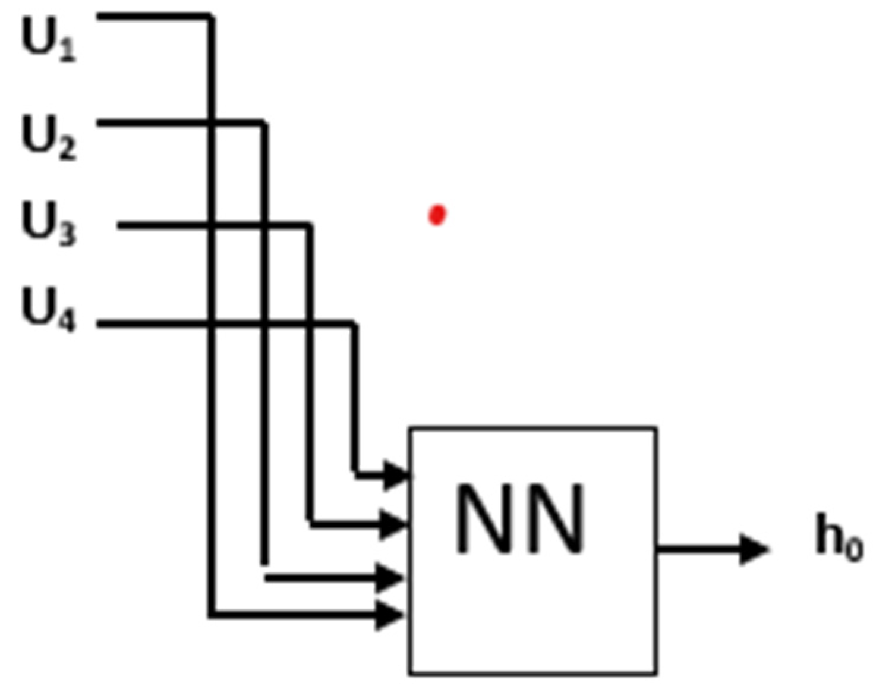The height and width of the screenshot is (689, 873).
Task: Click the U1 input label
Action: pos(49,40)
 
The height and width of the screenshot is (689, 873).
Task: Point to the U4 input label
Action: pos(49,310)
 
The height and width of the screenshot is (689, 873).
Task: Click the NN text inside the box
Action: pos(521,519)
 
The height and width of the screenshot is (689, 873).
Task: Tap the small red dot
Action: pos(437,215)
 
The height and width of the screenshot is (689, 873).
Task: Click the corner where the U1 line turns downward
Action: pos(211,17)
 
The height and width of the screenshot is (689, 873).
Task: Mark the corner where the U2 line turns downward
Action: pos(264,124)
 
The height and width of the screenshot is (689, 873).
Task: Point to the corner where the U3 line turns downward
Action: pos(310,226)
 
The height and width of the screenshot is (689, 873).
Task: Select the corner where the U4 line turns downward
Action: pos(355,324)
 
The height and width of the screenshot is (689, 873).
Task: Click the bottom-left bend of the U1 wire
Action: pos(212,615)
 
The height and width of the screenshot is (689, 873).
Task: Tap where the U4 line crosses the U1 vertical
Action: pos(212,324)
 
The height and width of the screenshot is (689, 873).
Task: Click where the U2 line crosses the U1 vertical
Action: pos(212,124)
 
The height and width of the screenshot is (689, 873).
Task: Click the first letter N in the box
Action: pos(485,519)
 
